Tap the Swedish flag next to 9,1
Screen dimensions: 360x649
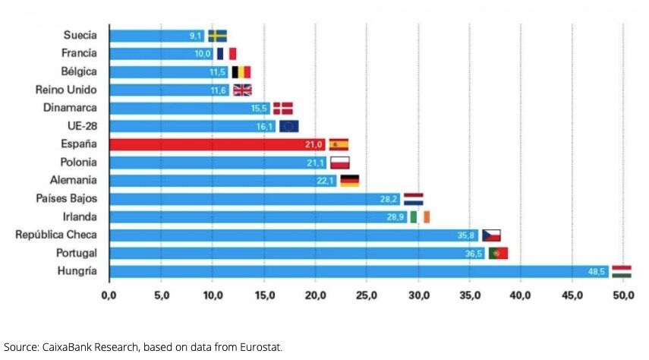(218, 36)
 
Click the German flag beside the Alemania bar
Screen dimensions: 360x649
(349, 181)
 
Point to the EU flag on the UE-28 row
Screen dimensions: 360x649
(288, 126)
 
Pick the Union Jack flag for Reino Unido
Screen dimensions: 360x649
(242, 90)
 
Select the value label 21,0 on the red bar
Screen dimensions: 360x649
(314, 144)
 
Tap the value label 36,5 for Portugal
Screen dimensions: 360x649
(474, 254)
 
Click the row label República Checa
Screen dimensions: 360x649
(56, 235)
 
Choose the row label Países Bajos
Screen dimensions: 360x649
(66, 198)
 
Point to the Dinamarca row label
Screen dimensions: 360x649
(69, 108)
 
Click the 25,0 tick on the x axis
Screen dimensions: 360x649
(366, 295)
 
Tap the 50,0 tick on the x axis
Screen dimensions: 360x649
(623, 295)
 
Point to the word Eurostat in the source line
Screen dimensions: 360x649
(260, 347)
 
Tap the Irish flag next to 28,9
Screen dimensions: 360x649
(420, 217)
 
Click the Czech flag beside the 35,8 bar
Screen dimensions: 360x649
(491, 235)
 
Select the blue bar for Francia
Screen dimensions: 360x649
(152, 54)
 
